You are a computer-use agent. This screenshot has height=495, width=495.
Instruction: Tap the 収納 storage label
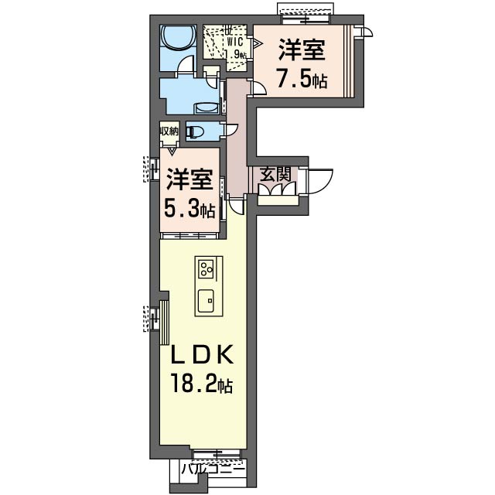pos(169,131)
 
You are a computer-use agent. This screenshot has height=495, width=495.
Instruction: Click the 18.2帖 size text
pos(201,384)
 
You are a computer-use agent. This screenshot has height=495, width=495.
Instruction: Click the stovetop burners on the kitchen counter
pos(206,269)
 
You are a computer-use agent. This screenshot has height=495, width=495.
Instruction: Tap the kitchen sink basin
pos(206,300)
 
